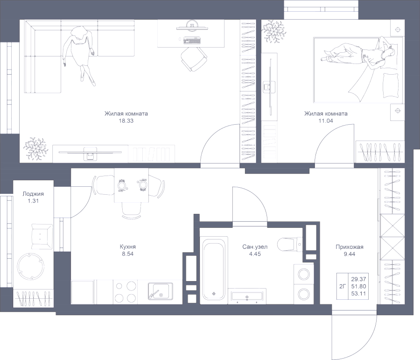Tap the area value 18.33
click(126, 120)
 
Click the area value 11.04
click(325, 120)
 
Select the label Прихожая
click(349, 247)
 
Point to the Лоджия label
click(33, 194)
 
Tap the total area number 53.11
click(358, 294)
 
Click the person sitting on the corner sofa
click(79, 51)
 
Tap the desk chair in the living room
click(193, 59)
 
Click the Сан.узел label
click(254, 247)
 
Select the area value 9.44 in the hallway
click(349, 254)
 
